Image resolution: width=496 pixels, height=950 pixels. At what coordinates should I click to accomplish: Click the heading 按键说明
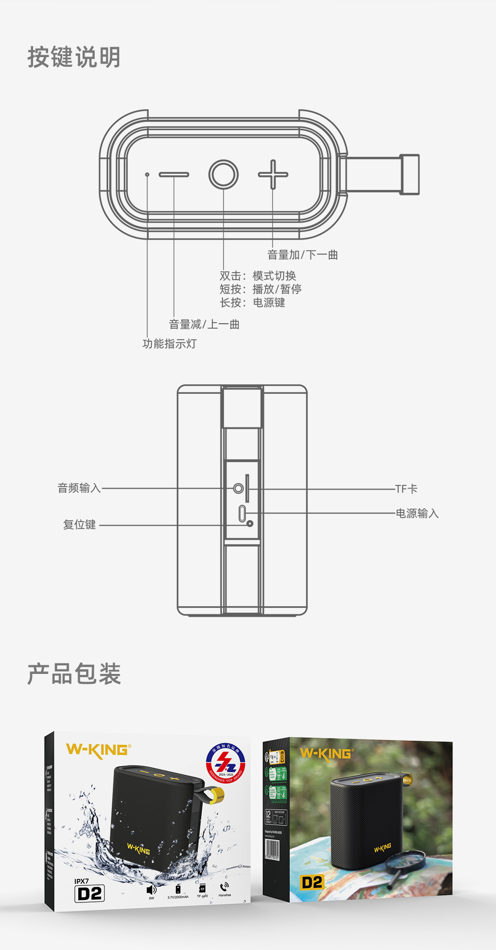click(x=74, y=57)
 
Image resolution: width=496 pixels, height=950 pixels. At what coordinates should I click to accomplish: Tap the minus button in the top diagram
click(x=174, y=174)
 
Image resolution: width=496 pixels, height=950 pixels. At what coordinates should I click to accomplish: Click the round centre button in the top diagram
click(x=223, y=174)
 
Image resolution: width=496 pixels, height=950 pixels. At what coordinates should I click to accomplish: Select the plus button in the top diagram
click(x=273, y=174)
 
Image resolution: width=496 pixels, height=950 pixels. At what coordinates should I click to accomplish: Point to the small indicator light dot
click(x=147, y=174)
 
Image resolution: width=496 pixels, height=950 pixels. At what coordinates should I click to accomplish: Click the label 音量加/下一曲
click(x=303, y=255)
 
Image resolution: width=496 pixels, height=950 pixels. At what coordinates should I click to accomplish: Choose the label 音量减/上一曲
click(x=204, y=325)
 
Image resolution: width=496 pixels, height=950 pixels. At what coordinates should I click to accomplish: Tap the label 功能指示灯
click(x=169, y=344)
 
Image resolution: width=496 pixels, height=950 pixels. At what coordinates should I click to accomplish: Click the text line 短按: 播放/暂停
click(x=261, y=289)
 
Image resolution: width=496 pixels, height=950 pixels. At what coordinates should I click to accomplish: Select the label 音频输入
click(x=79, y=488)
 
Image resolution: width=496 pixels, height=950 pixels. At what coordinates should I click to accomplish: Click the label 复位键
click(x=79, y=525)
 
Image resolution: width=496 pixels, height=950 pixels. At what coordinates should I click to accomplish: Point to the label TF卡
click(x=406, y=489)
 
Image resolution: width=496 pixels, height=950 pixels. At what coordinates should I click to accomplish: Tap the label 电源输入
click(x=417, y=513)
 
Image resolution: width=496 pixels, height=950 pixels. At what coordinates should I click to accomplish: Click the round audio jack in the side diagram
click(x=238, y=488)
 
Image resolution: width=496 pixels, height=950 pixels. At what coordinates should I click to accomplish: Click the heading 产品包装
click(x=74, y=674)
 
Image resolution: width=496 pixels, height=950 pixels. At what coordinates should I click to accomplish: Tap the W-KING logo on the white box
click(x=99, y=750)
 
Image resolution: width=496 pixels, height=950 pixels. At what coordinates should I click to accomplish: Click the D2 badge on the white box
click(x=90, y=893)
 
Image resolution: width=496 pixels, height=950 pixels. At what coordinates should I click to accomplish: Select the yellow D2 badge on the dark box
click(x=312, y=882)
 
